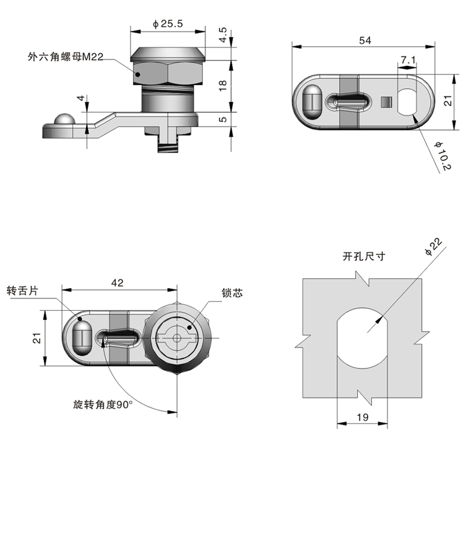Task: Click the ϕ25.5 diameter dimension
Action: point(167,24)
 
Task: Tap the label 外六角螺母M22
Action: point(66,57)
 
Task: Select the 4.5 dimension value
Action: point(222,35)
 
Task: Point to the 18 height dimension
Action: point(222,86)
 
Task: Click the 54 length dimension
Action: point(365,40)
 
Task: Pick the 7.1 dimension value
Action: point(407,60)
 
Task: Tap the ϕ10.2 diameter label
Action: point(442,156)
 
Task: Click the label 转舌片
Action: point(22,291)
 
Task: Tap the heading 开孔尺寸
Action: point(364,257)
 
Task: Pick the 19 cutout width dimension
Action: point(363,417)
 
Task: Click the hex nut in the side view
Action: point(168,73)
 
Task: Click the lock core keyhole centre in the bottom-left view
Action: point(177,338)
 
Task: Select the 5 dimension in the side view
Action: point(222,119)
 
